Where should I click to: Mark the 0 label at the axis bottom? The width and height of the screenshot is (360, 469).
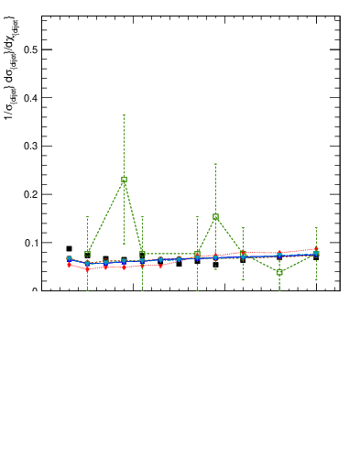coord(35,290)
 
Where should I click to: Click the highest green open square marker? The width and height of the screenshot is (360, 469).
coord(124,180)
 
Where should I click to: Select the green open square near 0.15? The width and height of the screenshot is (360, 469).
coord(215,217)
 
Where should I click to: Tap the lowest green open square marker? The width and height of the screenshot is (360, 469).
coord(279,272)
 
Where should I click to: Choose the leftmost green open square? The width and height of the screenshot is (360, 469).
coord(87,254)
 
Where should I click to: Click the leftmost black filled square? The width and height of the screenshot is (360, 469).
coord(69,248)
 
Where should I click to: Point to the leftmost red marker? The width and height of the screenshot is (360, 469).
coord(69,265)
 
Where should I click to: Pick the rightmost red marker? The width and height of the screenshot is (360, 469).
coord(316,248)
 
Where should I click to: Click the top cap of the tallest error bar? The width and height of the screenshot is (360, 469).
coord(124,115)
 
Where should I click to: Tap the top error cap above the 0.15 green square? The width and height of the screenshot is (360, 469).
coord(215,164)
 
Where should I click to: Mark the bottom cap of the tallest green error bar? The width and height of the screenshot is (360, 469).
coord(124,245)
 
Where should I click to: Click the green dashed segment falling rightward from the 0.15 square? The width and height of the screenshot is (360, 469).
coord(229,235)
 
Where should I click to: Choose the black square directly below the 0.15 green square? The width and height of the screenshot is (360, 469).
coord(215,265)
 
